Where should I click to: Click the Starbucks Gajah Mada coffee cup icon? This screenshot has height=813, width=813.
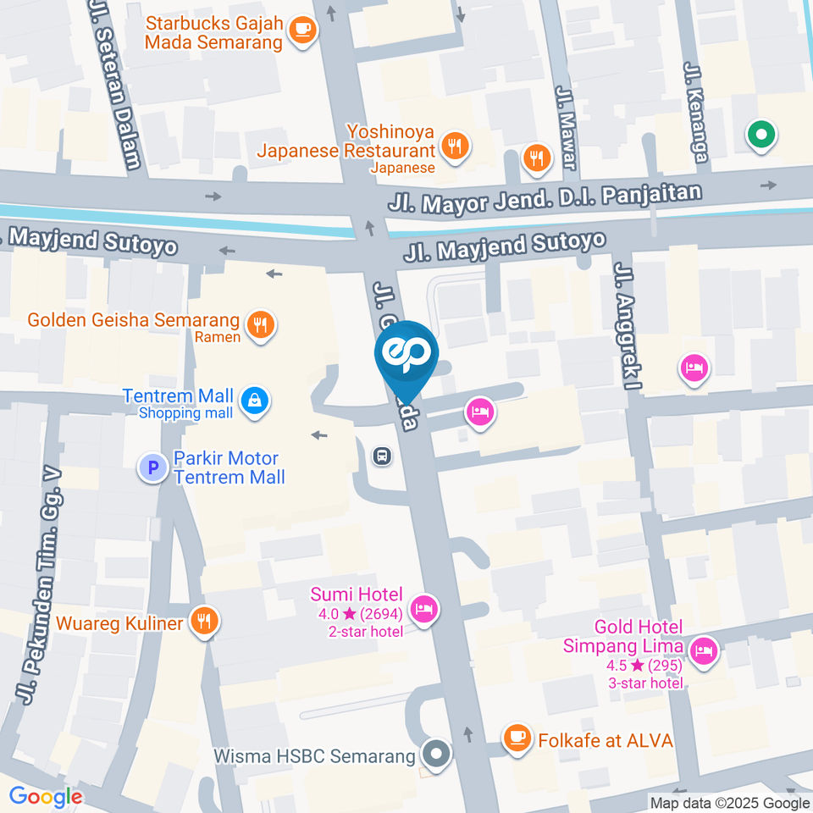[301, 30]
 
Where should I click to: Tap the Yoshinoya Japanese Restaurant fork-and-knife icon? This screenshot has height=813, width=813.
[456, 145]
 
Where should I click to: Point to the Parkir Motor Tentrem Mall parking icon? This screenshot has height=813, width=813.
[153, 467]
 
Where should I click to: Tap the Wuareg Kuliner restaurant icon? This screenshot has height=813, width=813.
[203, 622]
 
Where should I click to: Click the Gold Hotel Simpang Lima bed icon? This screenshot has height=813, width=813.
[702, 650]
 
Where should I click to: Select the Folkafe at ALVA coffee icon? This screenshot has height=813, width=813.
[516, 739]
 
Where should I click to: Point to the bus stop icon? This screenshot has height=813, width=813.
[382, 456]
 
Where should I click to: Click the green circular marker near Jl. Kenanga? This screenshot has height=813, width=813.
[760, 134]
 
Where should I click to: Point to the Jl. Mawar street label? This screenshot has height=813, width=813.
[566, 127]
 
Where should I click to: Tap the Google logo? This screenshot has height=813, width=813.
[46, 796]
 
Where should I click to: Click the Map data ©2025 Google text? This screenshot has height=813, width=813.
[729, 803]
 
